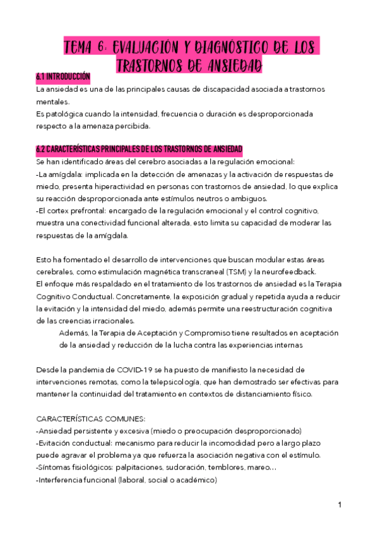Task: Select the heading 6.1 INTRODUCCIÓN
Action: click(x=63, y=77)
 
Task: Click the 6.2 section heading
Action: click(x=139, y=149)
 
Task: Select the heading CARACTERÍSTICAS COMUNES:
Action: click(x=90, y=418)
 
